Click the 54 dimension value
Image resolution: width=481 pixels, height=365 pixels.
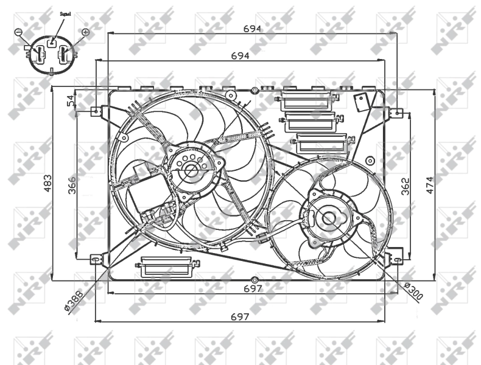(71, 100)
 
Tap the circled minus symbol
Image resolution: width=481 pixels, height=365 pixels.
(19, 32)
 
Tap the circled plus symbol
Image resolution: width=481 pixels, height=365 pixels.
(85, 32)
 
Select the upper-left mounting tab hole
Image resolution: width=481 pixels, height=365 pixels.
(95, 111)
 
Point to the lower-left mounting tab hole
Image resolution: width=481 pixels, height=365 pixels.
(95, 259)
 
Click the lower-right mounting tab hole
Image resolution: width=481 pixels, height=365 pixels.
(398, 259)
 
